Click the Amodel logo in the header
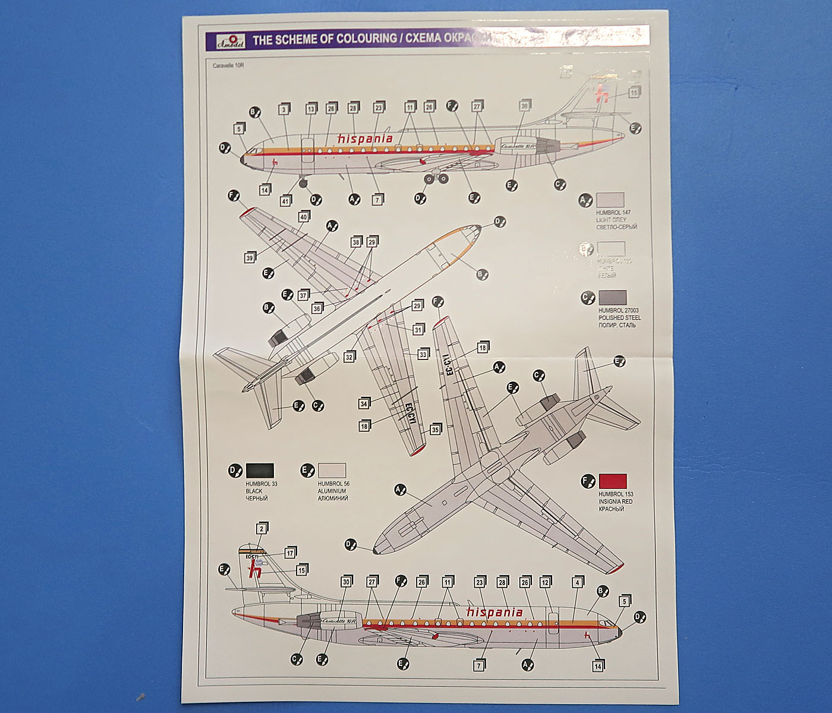coord(225,40)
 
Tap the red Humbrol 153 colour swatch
coord(612,481)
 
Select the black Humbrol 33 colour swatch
coord(260,471)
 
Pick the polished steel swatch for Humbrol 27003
coord(612,298)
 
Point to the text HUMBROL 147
coord(613,212)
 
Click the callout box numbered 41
coord(285,201)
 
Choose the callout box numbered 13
coord(311,109)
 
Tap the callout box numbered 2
coord(261,528)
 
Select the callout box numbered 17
coord(289,553)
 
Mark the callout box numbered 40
coord(304,217)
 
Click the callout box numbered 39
coord(250,258)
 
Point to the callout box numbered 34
coord(364,404)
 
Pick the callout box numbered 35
coord(435,430)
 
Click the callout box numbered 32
coord(349,357)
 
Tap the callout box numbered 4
coord(576,583)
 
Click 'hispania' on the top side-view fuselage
coord(365,138)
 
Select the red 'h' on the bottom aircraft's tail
coord(256,569)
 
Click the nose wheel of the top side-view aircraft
coord(304,183)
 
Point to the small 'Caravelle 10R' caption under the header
coord(228,65)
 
